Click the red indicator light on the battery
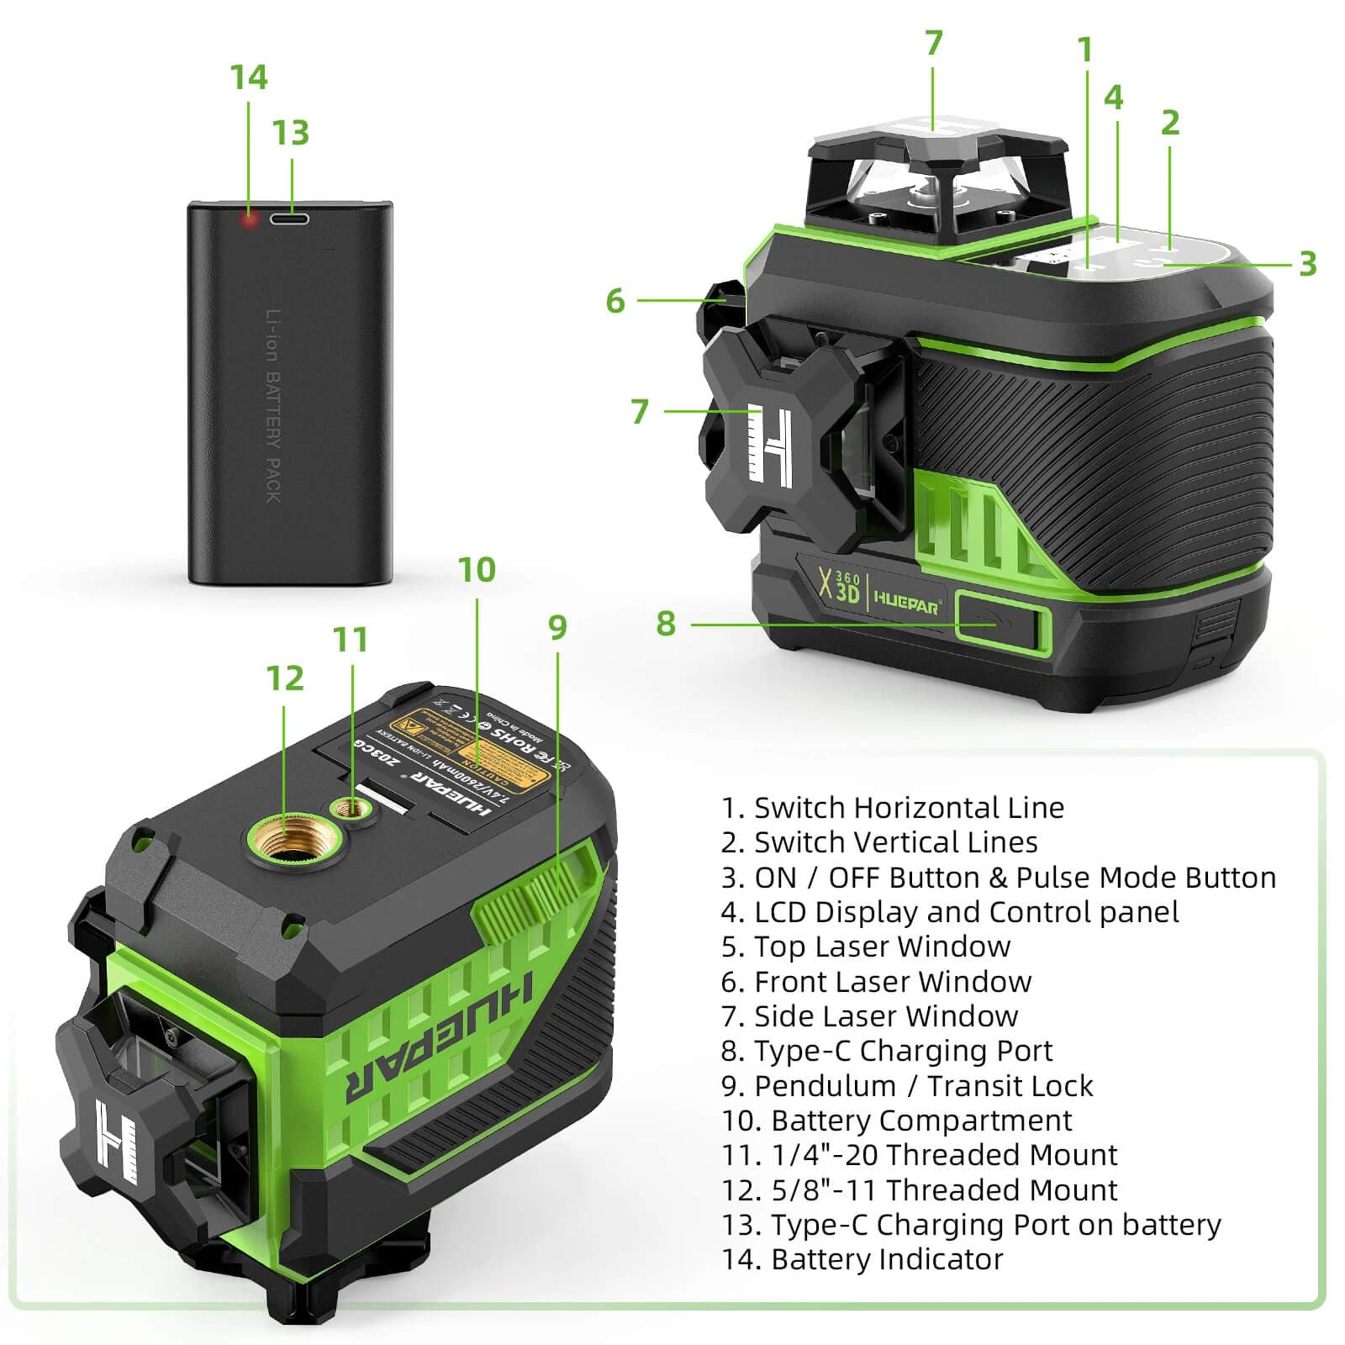pyautogui.click(x=249, y=220)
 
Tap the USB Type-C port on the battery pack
pyautogui.click(x=290, y=219)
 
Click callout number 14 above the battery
pyautogui.click(x=249, y=77)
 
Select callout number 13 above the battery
pyautogui.click(x=291, y=133)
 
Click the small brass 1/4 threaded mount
pyautogui.click(x=351, y=809)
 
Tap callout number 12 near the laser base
pyautogui.click(x=284, y=678)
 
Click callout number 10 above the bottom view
pyautogui.click(x=477, y=570)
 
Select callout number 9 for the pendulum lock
pyautogui.click(x=557, y=627)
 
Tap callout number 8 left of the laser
pyautogui.click(x=666, y=624)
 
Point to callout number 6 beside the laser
pyautogui.click(x=615, y=301)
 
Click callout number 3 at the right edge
pyautogui.click(x=1307, y=264)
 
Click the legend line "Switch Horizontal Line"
pyautogui.click(x=893, y=808)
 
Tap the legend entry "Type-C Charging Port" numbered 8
pyautogui.click(x=887, y=1051)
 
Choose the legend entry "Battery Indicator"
pyautogui.click(x=862, y=1259)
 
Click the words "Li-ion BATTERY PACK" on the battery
pyautogui.click(x=273, y=406)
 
